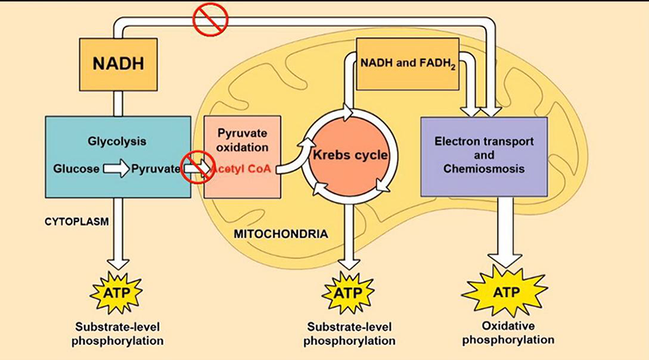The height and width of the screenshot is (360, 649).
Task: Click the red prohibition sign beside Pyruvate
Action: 195,168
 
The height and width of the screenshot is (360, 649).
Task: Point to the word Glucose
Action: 76,168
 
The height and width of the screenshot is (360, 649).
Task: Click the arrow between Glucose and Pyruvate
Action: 116,168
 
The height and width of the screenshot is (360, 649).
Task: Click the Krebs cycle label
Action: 350,155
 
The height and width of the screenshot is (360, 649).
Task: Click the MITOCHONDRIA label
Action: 281,234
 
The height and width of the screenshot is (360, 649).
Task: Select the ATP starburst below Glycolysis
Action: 117,292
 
